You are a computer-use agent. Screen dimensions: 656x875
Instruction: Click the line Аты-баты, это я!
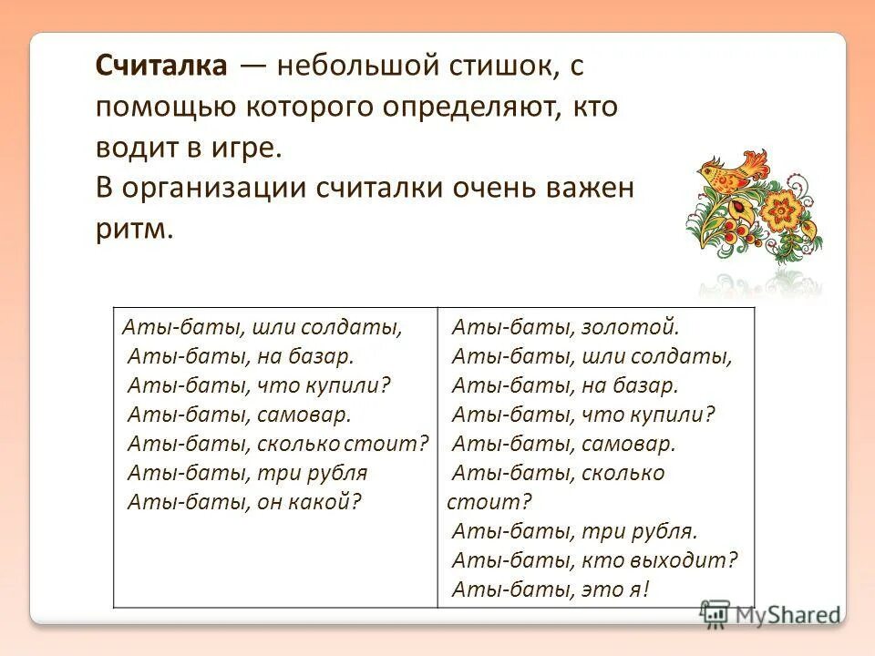pyautogui.click(x=551, y=589)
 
